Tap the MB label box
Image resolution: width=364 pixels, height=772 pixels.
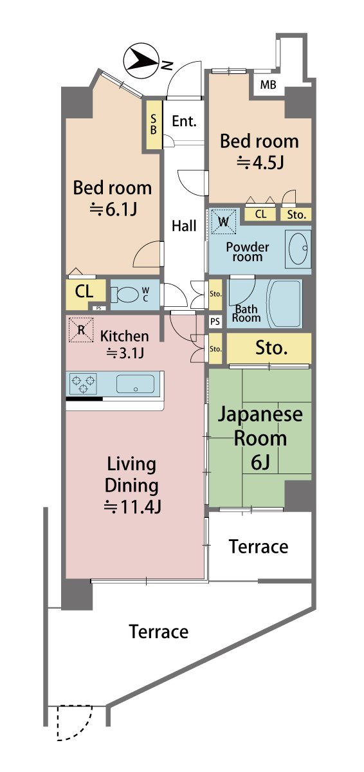(x=268, y=85)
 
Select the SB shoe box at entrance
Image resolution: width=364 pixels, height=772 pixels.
(x=154, y=124)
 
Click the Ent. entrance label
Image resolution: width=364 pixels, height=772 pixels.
(x=184, y=121)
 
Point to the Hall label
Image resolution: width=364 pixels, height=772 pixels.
(x=184, y=226)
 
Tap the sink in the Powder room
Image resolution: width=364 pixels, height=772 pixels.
(x=298, y=248)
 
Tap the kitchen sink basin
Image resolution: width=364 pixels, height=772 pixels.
(x=135, y=385)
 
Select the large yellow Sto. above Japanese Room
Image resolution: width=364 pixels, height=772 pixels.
(x=270, y=349)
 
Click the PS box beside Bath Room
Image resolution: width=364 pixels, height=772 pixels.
(x=215, y=321)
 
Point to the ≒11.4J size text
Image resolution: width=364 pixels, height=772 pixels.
(x=132, y=507)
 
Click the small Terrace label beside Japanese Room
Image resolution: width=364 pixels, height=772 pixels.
(x=259, y=547)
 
